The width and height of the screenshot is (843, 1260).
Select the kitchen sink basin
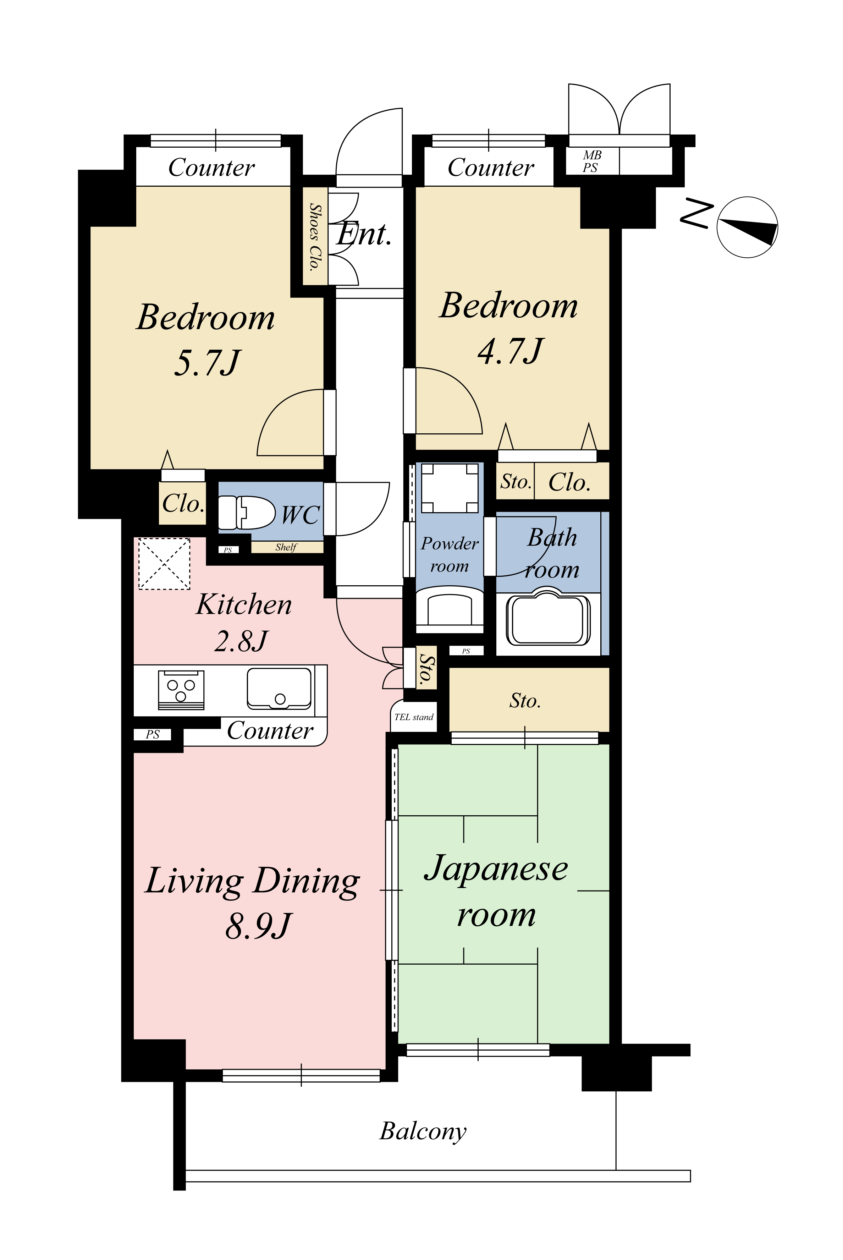coord(279,688)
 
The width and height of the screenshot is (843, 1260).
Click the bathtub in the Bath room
coord(547,619)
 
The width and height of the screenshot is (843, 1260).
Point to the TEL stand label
coord(413,717)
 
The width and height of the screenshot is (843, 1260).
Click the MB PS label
coord(591,161)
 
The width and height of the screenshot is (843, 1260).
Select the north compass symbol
coord(747,226)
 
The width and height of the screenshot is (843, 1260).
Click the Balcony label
coord(423,1130)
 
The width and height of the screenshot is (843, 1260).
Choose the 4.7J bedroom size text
coord(510,351)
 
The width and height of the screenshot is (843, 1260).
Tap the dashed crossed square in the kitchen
coord(165,563)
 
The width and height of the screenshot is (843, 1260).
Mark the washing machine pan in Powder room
coord(450,488)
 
